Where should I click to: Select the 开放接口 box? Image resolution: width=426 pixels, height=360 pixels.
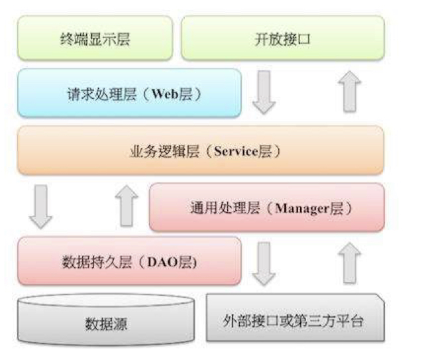pos(282,39)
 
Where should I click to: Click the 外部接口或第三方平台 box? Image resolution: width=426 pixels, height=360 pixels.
pos(294,322)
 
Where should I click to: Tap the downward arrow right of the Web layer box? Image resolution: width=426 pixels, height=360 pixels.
pos(264,92)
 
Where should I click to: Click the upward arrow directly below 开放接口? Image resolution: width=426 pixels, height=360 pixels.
pos(349,92)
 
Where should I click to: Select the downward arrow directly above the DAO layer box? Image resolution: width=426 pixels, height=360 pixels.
pos(41,207)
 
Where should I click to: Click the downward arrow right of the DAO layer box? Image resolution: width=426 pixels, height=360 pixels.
pos(264,263)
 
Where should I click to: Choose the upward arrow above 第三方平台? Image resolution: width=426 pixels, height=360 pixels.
pos(349,263)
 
